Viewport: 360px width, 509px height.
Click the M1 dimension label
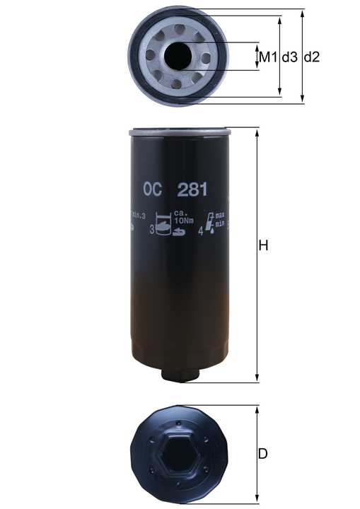click(x=266, y=57)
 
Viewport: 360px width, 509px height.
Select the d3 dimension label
click(x=289, y=57)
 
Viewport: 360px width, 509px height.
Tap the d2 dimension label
click(x=312, y=57)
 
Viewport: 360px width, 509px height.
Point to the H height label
click(x=264, y=246)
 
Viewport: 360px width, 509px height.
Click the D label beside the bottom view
click(x=262, y=454)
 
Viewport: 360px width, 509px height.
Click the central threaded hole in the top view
click(x=176, y=54)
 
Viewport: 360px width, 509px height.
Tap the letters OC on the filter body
click(x=153, y=189)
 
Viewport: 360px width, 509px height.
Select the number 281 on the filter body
click(x=193, y=189)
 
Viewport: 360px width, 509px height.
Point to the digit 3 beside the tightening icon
click(x=152, y=230)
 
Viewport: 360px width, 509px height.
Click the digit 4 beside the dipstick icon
click(x=201, y=230)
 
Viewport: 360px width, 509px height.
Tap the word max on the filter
click(x=220, y=213)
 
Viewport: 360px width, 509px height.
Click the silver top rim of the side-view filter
click(x=181, y=131)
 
